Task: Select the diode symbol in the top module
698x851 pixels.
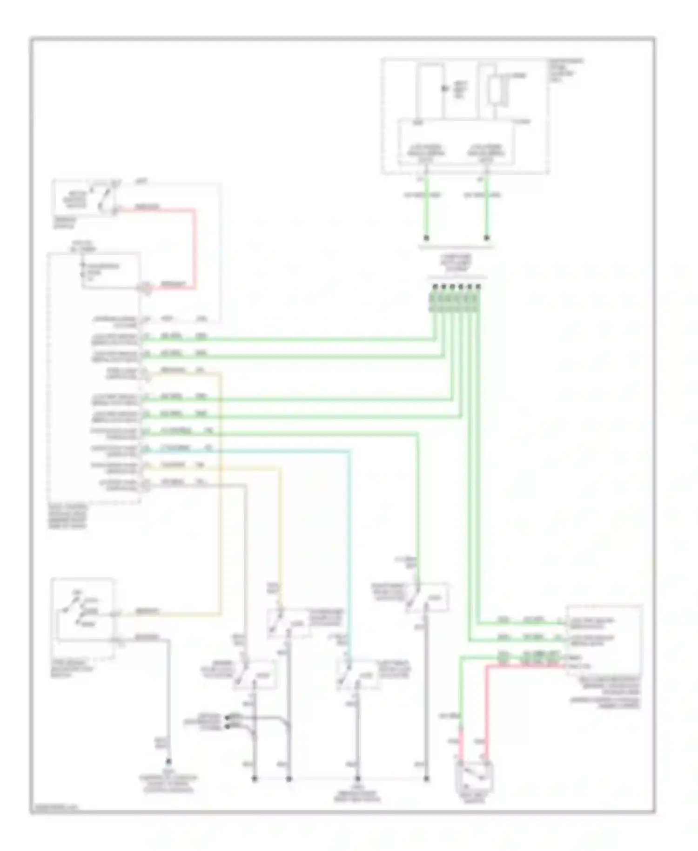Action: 445,88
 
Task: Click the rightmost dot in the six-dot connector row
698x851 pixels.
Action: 478,286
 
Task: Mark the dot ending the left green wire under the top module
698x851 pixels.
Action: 426,238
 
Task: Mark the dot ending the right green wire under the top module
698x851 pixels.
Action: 487,238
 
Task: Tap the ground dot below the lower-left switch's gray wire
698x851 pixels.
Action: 168,762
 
